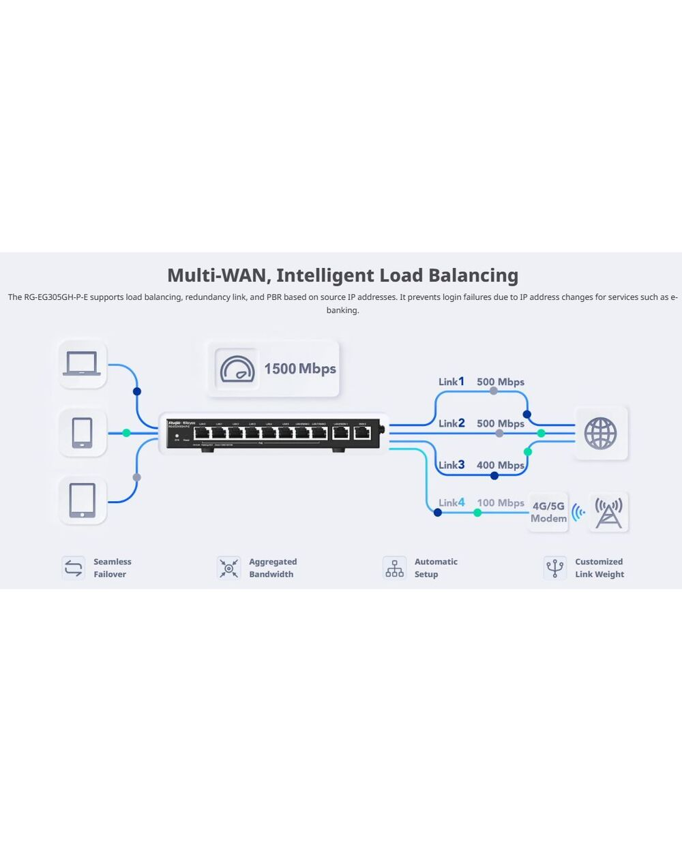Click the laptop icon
tap(82, 364)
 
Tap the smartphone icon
tap(82, 433)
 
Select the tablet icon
tap(82, 500)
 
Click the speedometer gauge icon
tap(237, 369)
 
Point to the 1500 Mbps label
tap(299, 369)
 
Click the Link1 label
tap(451, 382)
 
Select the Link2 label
tap(451, 423)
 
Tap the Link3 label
tap(451, 465)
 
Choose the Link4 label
tap(451, 503)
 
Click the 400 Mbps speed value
tap(501, 465)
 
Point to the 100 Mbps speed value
tap(501, 503)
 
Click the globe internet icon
tap(600, 434)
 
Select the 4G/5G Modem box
tap(548, 512)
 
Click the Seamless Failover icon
tap(73, 568)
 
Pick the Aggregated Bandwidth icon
tap(228, 568)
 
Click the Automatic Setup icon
tap(394, 568)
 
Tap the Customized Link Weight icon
tap(554, 568)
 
